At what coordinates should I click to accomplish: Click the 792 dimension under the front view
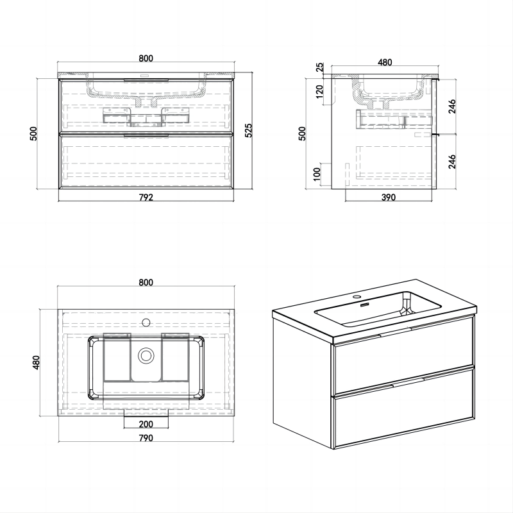coord(146,198)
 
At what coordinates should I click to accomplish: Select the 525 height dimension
coord(249,131)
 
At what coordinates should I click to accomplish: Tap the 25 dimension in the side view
coord(319,67)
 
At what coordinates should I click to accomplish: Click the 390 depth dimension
coord(387,198)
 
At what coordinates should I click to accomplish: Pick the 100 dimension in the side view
coord(317,175)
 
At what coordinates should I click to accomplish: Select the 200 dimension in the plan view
coord(146,425)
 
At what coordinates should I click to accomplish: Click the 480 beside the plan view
coord(37,363)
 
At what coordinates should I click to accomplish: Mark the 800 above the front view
coord(146,59)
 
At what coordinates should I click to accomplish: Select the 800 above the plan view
coord(146,283)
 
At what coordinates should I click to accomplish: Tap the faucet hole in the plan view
coord(146,323)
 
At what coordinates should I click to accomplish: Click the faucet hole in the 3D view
coord(357,298)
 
